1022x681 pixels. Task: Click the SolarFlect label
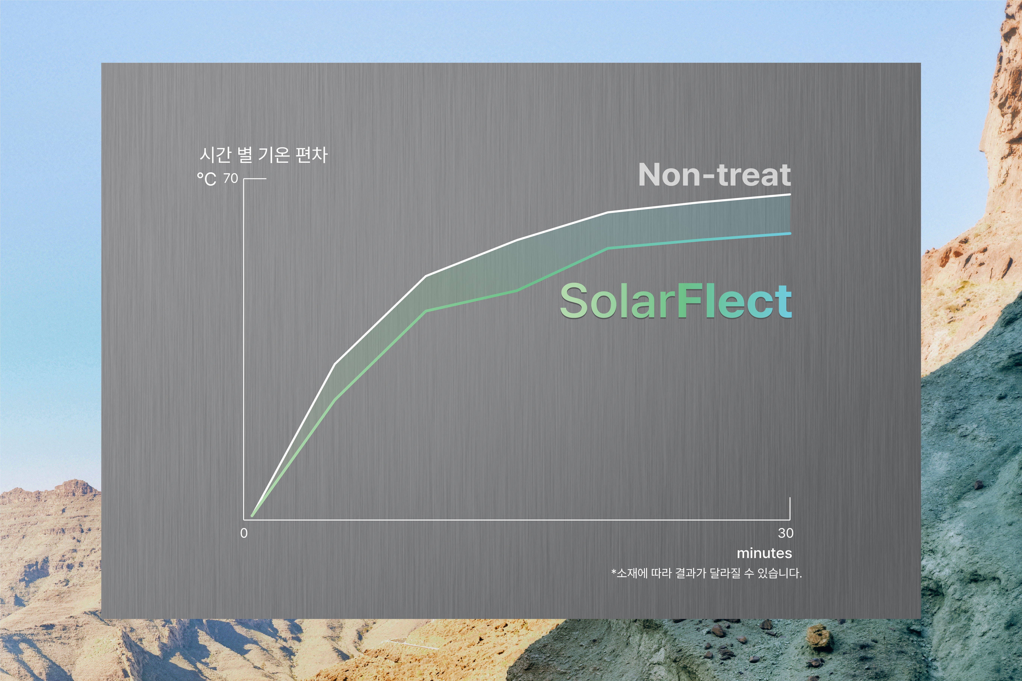coord(676,301)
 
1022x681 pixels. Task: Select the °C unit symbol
coord(207,179)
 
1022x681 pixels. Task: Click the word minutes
coord(764,553)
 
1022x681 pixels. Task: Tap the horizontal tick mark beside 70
coord(255,179)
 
